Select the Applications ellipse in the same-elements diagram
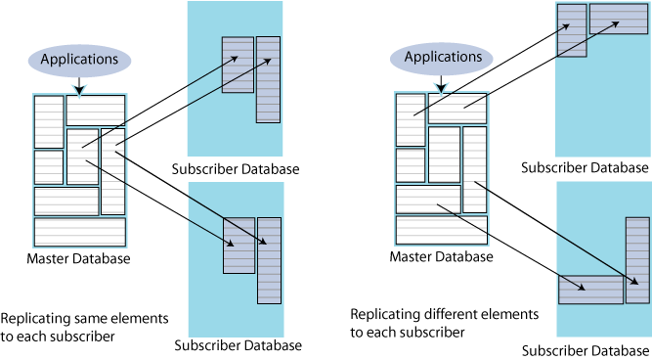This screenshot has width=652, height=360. (79, 60)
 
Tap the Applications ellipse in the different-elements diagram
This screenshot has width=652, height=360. (442, 58)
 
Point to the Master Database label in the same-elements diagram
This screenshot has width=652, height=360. (78, 258)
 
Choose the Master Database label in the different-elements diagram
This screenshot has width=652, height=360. (441, 256)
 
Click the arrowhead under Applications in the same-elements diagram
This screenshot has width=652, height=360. (79, 89)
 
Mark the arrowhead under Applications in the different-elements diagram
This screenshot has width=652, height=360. (441, 87)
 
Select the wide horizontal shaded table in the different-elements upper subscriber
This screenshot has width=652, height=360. (619, 19)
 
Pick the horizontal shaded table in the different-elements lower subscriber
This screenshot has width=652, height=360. (590, 290)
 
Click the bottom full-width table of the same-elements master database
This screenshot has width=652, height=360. (80, 232)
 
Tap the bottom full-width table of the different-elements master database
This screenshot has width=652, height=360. (442, 230)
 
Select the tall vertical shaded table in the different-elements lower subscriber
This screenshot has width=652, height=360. (637, 260)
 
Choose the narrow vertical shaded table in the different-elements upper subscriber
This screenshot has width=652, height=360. (572, 30)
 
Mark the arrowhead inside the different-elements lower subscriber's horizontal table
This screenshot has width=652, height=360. (581, 288)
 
